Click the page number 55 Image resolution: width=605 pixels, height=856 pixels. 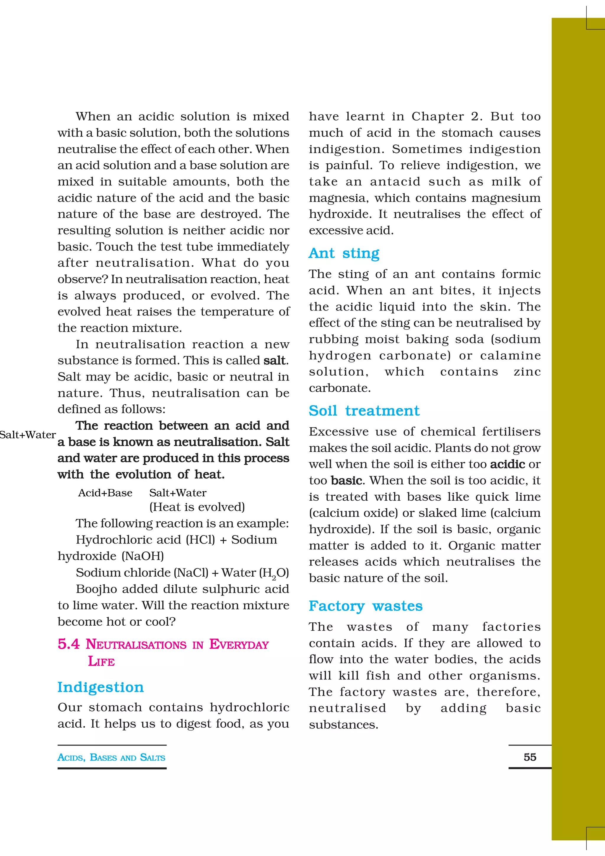(x=530, y=757)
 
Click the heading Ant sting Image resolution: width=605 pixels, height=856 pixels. (x=344, y=253)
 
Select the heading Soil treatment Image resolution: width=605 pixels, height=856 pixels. (x=364, y=411)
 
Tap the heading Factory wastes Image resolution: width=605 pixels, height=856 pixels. (x=365, y=606)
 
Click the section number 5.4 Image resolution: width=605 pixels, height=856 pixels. (x=69, y=644)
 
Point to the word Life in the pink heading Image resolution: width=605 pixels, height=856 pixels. (x=101, y=661)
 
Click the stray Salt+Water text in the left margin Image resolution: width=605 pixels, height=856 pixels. (x=27, y=435)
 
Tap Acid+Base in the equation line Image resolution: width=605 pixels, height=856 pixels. (x=105, y=493)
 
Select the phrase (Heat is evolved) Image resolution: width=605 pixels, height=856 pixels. (x=197, y=507)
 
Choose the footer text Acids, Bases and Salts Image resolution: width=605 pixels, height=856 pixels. (x=111, y=758)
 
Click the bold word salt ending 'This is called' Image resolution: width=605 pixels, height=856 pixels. (x=275, y=361)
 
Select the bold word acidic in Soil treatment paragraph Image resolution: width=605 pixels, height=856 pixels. (x=507, y=464)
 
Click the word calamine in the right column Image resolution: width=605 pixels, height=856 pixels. (x=510, y=355)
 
